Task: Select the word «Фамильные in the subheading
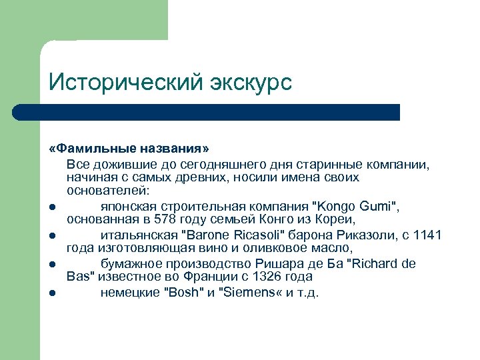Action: [x=93, y=147]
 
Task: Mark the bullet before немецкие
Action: [x=53, y=292]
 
